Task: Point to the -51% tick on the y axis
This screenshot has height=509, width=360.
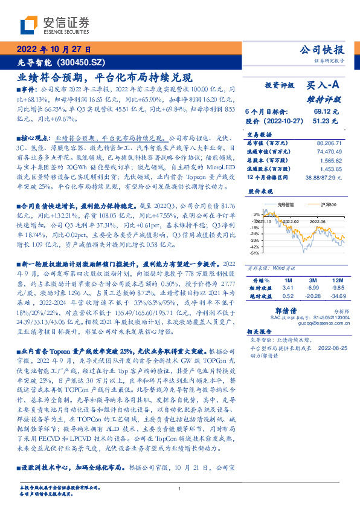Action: [256, 253]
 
